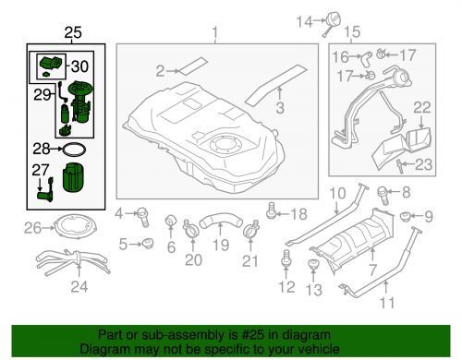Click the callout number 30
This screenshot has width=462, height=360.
point(80,66)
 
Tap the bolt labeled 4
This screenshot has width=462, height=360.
point(144,215)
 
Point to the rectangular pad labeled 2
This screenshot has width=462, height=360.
point(193,66)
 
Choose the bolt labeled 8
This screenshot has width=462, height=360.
point(383,195)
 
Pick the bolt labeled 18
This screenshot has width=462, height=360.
point(270,215)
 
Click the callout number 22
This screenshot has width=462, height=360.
point(420,109)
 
